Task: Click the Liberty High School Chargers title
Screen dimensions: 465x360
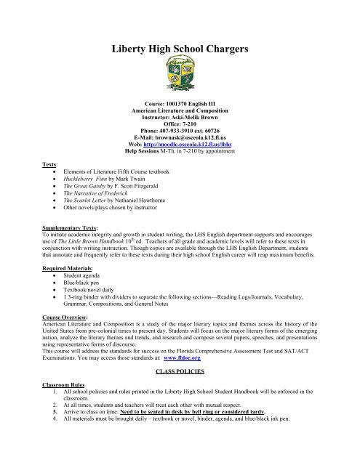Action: pyautogui.click(x=179, y=50)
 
